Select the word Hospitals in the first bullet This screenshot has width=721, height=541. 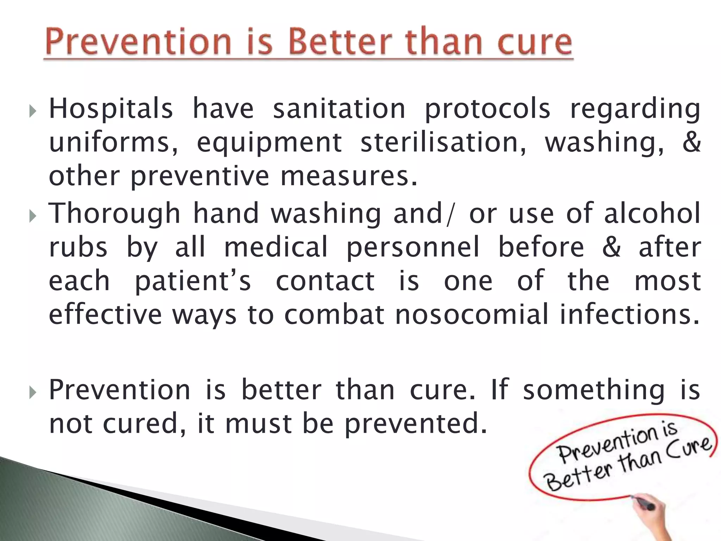(111, 108)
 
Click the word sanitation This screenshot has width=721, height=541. (339, 108)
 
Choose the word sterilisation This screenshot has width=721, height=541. (444, 142)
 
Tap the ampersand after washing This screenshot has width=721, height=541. (691, 142)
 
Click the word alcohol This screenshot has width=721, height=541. (652, 213)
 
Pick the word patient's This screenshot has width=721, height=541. (193, 281)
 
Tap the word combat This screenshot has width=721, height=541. (334, 314)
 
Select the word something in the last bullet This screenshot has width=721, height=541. (594, 390)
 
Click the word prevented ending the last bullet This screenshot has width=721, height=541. (415, 424)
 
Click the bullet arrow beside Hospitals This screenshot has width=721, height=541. (32, 112)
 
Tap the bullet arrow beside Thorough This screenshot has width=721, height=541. (32, 216)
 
